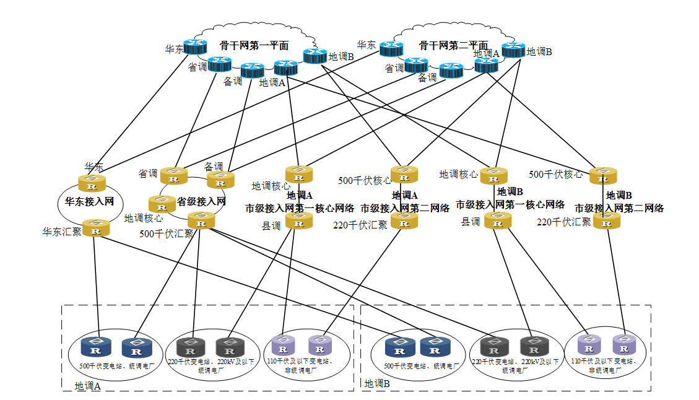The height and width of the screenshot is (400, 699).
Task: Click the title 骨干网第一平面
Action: (x=254, y=45)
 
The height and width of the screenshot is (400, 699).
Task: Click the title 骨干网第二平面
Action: (x=453, y=45)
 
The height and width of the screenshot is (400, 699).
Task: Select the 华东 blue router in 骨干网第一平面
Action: (x=195, y=46)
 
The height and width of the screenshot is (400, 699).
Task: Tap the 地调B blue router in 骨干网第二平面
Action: (x=513, y=50)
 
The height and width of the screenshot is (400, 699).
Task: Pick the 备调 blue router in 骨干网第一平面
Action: (x=252, y=71)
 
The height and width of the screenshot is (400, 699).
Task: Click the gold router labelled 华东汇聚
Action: (x=96, y=229)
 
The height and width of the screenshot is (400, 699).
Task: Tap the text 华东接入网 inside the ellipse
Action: (x=90, y=202)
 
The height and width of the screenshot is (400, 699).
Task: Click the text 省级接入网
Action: (x=201, y=201)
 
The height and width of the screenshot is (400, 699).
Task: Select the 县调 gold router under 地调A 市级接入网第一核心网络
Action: (x=299, y=221)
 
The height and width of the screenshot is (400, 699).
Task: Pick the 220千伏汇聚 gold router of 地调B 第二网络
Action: (x=607, y=221)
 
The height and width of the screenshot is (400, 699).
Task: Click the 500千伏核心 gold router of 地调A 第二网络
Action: (x=404, y=175)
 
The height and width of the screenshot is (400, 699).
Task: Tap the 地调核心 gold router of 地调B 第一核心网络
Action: (x=494, y=176)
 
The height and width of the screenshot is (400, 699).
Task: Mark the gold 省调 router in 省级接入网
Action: (x=173, y=176)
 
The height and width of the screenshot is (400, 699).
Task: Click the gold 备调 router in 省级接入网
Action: (x=220, y=180)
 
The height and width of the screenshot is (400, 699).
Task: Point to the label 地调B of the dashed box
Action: (x=377, y=384)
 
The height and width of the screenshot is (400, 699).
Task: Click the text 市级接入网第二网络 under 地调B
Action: (x=619, y=209)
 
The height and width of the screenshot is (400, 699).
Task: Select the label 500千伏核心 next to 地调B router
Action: (x=555, y=175)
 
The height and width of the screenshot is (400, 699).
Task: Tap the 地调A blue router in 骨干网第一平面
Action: (x=285, y=68)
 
